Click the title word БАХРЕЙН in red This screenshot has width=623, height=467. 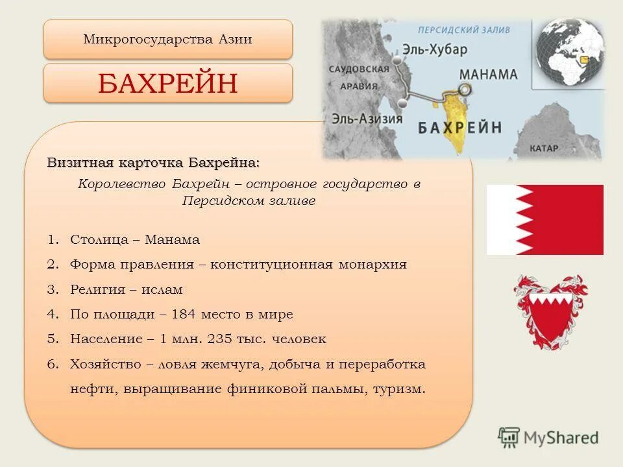coord(167,83)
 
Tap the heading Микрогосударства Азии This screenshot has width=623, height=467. coord(167,40)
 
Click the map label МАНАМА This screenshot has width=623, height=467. coord(488,74)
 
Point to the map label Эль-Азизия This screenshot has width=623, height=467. coord(367,119)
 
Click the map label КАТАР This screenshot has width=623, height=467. coord(543,149)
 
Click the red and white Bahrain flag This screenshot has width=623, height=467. coord(544,219)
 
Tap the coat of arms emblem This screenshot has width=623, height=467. coord(550,312)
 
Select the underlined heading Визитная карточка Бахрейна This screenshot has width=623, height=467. coord(153,162)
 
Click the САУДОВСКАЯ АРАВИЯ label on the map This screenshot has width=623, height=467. coord(359,77)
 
